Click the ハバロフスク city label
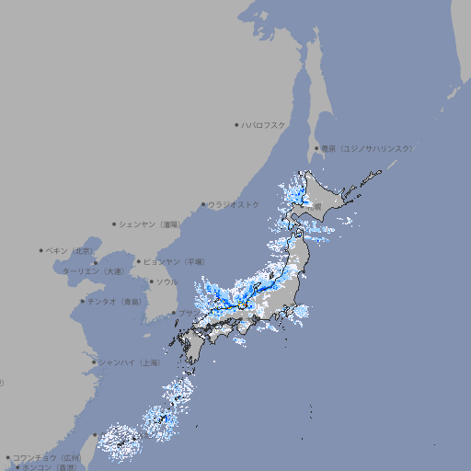[x=264, y=124]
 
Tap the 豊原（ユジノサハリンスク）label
[x=366, y=148]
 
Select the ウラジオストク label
[x=234, y=204]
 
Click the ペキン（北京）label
[x=71, y=250]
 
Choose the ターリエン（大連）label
[x=93, y=271]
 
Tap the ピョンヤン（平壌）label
[x=174, y=261]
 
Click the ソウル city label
[x=167, y=282]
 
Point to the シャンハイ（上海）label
[x=129, y=362]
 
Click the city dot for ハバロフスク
[x=236, y=124]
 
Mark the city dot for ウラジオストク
[x=203, y=204]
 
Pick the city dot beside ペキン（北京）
[x=41, y=250]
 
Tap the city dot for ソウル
[x=150, y=282]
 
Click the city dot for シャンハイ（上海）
[x=94, y=362]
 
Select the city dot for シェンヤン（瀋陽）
[x=115, y=224]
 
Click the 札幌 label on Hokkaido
[x=316, y=208]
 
